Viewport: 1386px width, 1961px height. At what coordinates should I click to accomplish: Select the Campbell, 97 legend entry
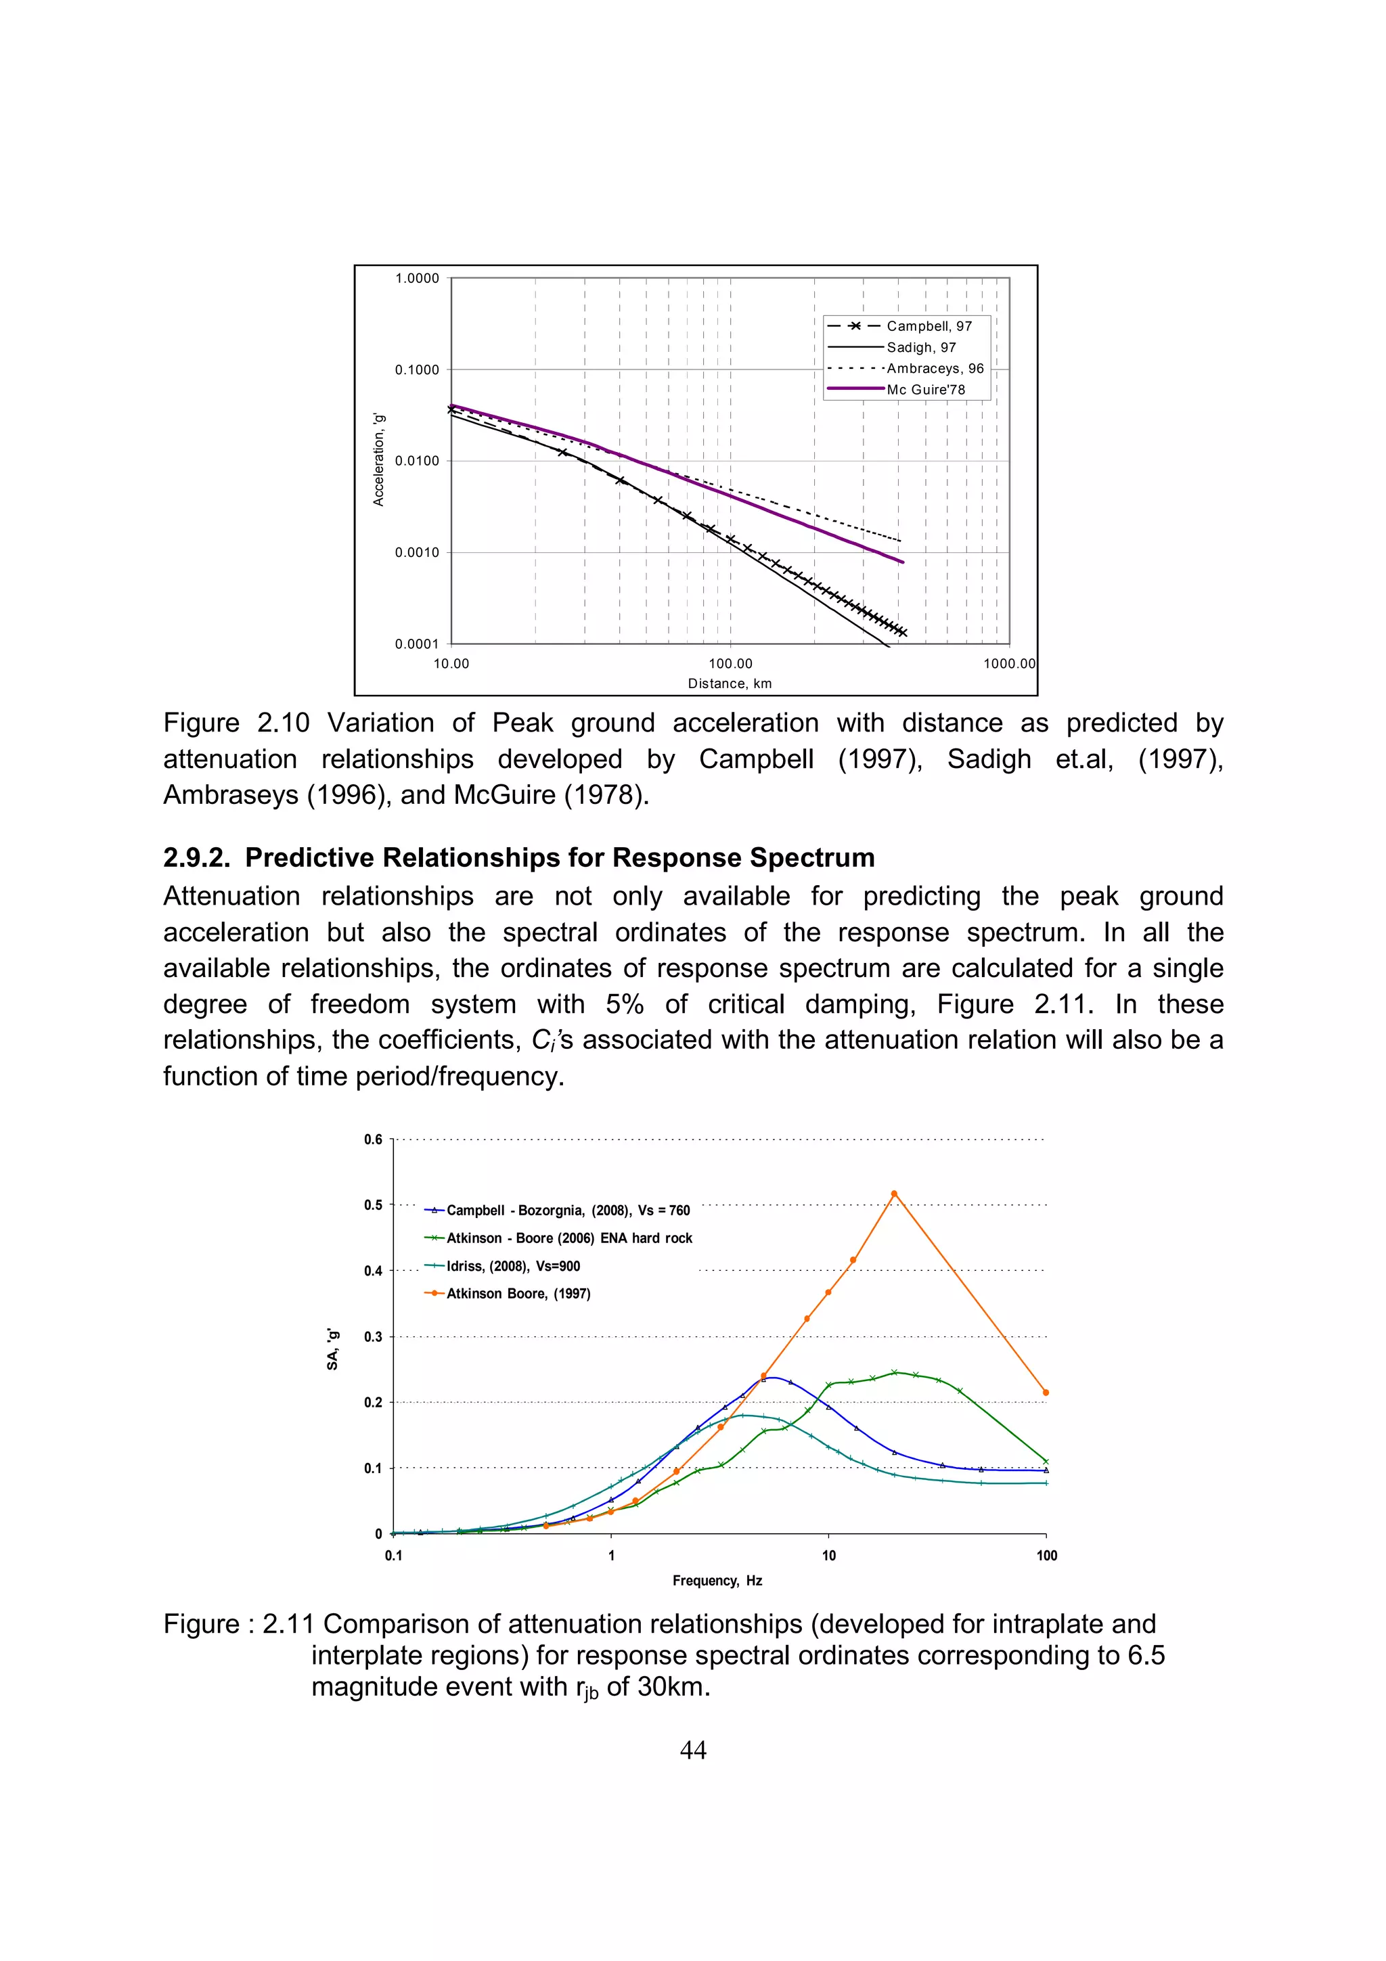[929, 326]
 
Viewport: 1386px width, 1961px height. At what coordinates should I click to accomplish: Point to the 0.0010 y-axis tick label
[417, 553]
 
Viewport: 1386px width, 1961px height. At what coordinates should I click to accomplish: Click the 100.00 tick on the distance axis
[730, 664]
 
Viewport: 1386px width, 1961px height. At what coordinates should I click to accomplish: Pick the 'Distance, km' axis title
[730, 683]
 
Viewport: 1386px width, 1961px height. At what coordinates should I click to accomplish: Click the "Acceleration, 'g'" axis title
[379, 459]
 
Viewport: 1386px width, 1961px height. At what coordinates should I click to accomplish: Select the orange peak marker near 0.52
[894, 1194]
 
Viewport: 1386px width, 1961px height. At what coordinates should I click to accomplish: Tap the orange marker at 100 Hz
[1046, 1393]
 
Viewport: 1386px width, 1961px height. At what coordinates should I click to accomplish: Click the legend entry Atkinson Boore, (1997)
[518, 1293]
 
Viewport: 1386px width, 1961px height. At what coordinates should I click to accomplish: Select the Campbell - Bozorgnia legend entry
[567, 1211]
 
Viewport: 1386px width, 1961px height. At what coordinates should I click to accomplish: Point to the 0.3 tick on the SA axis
[373, 1336]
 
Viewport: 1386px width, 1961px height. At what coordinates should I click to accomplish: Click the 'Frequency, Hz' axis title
[717, 1581]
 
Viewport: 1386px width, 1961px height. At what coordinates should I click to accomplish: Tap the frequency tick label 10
[828, 1555]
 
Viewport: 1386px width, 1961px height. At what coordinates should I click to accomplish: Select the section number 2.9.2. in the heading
[196, 857]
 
